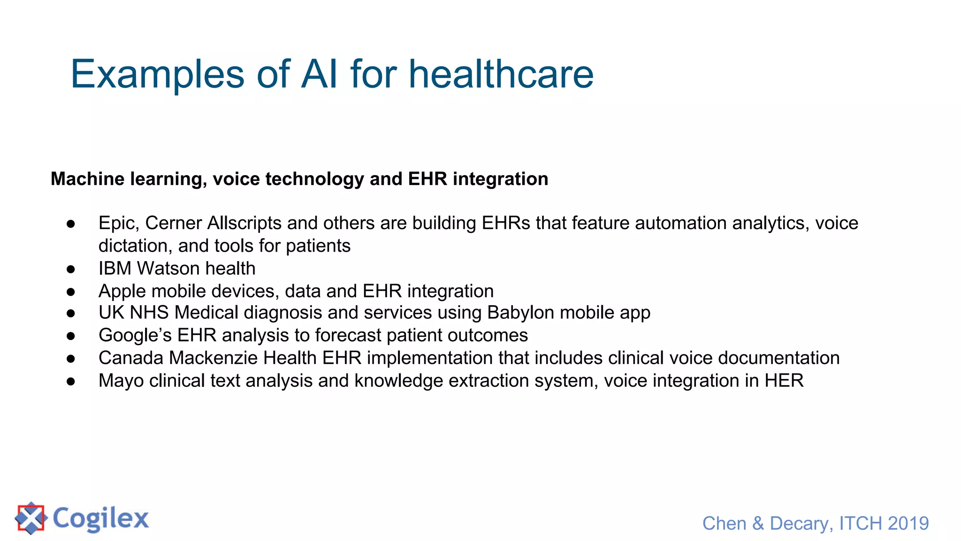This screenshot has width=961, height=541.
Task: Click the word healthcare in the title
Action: pos(501,74)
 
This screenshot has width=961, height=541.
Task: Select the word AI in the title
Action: pos(319,74)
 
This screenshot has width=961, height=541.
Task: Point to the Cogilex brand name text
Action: pos(100,519)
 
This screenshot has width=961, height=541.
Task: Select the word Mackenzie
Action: pos(213,358)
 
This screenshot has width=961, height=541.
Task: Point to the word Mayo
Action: pos(121,381)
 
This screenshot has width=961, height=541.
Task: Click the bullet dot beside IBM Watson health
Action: pos(71,269)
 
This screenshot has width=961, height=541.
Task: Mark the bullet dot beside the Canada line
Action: pos(71,359)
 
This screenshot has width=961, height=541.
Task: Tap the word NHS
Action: pos(149,313)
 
